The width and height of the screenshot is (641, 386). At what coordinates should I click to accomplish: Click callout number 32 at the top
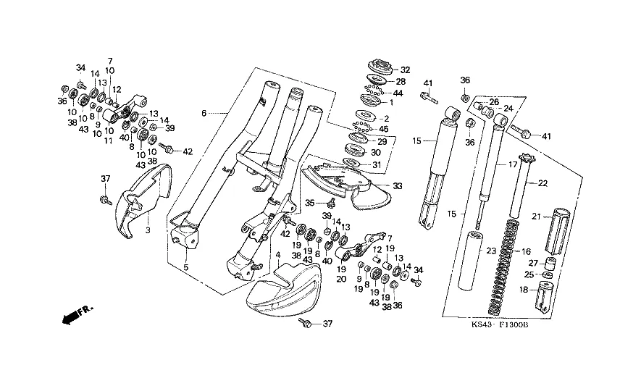(x=405, y=70)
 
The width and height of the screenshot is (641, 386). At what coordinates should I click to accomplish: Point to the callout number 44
(x=398, y=94)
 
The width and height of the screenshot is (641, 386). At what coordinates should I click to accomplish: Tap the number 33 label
(x=398, y=186)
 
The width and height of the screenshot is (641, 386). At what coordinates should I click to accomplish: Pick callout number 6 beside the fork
(x=204, y=113)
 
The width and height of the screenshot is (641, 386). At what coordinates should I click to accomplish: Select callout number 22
(x=542, y=183)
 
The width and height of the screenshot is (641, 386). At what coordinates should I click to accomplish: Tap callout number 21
(x=537, y=216)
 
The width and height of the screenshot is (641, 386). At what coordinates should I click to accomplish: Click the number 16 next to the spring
(x=527, y=250)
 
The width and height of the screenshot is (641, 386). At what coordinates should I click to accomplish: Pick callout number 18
(x=522, y=290)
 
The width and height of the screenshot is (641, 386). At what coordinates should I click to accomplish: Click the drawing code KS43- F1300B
(x=499, y=325)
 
